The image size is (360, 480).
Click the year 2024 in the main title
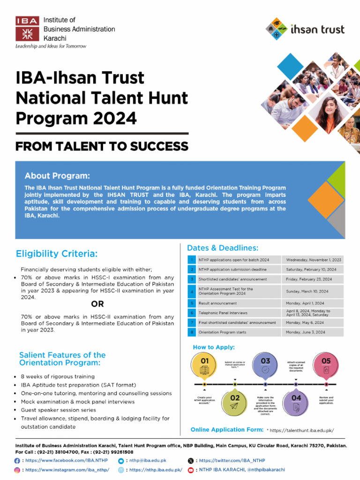tap(115, 118)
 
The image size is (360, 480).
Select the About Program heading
tap(57, 176)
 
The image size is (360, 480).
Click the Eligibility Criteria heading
tap(57, 254)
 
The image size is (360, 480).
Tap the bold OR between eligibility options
tap(97, 304)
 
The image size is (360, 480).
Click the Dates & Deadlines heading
tap(223, 248)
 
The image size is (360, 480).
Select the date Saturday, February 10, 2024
tap(311, 270)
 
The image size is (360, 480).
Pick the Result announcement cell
tap(218, 303)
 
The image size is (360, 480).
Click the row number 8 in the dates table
tap(192, 332)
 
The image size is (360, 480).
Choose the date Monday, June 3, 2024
tap(306, 332)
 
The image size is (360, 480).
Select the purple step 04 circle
tap(296, 402)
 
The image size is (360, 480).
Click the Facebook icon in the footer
tap(18, 461)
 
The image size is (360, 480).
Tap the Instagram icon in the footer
tap(18, 470)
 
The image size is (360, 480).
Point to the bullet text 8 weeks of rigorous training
tap(58, 376)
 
